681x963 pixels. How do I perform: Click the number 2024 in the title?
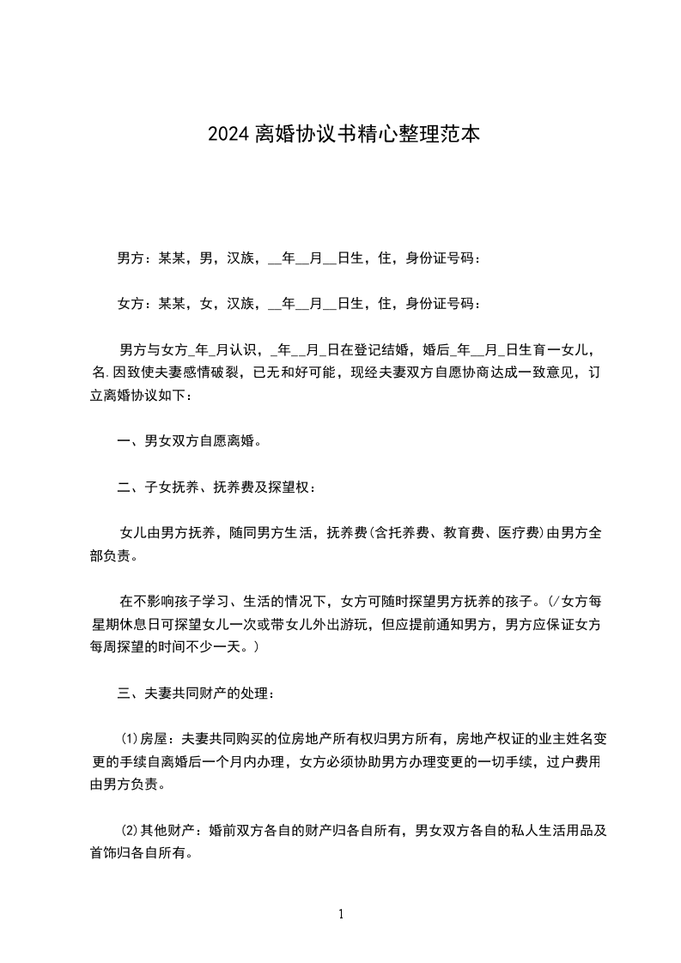click(x=228, y=135)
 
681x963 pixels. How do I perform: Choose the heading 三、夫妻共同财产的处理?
click(x=196, y=693)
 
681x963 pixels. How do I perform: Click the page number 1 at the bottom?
click(x=341, y=915)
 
